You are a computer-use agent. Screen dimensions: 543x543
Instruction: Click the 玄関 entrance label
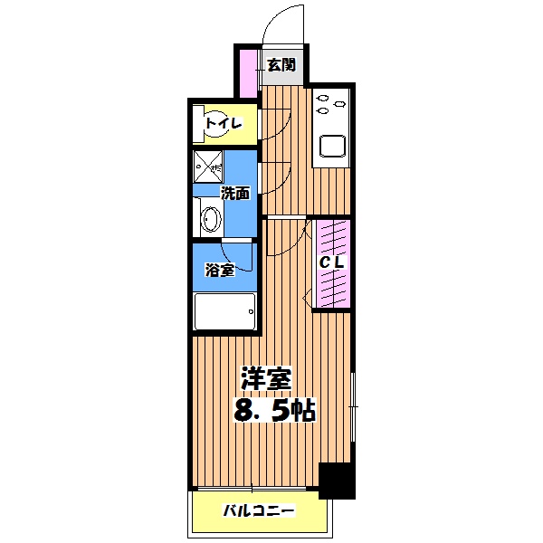[281, 64]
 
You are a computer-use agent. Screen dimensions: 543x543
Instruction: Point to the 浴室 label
[220, 269]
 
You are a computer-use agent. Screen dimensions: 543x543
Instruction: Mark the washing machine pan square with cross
[208, 166]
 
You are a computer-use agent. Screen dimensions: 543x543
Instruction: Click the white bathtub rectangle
[224, 313]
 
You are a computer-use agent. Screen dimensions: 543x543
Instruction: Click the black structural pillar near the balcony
[338, 481]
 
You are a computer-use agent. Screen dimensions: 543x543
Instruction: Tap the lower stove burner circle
[322, 113]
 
